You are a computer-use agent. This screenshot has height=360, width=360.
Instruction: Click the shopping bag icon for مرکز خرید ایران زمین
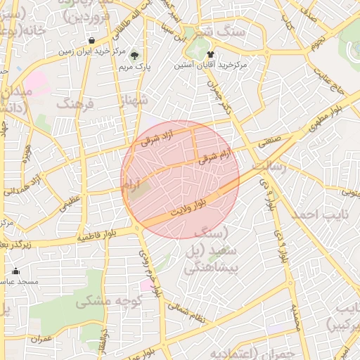tap(92, 40)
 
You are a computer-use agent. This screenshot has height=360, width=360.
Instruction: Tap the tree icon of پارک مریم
tap(135, 55)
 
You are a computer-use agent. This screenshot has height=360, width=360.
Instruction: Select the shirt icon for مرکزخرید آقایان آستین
tap(210, 53)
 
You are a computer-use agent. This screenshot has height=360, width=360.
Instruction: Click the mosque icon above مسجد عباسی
tap(16, 271)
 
